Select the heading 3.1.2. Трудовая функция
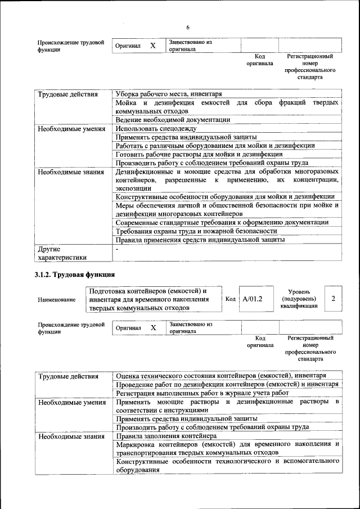pyautogui.click(x=75, y=275)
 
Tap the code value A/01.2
pyautogui.click(x=253, y=299)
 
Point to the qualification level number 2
pyautogui.click(x=333, y=299)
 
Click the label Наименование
pyautogui.click(x=57, y=300)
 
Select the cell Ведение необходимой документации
pyautogui.click(x=173, y=120)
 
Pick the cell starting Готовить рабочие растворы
pyautogui.click(x=199, y=154)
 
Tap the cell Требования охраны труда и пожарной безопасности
pyautogui.click(x=196, y=231)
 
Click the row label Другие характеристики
pyautogui.click(x=62, y=253)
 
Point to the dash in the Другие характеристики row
pyautogui.click(x=117, y=249)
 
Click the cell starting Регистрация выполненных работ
pyautogui.click(x=202, y=393)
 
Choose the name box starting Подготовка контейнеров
pyautogui.click(x=154, y=299)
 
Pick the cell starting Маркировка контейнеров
pyautogui.click(x=227, y=448)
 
